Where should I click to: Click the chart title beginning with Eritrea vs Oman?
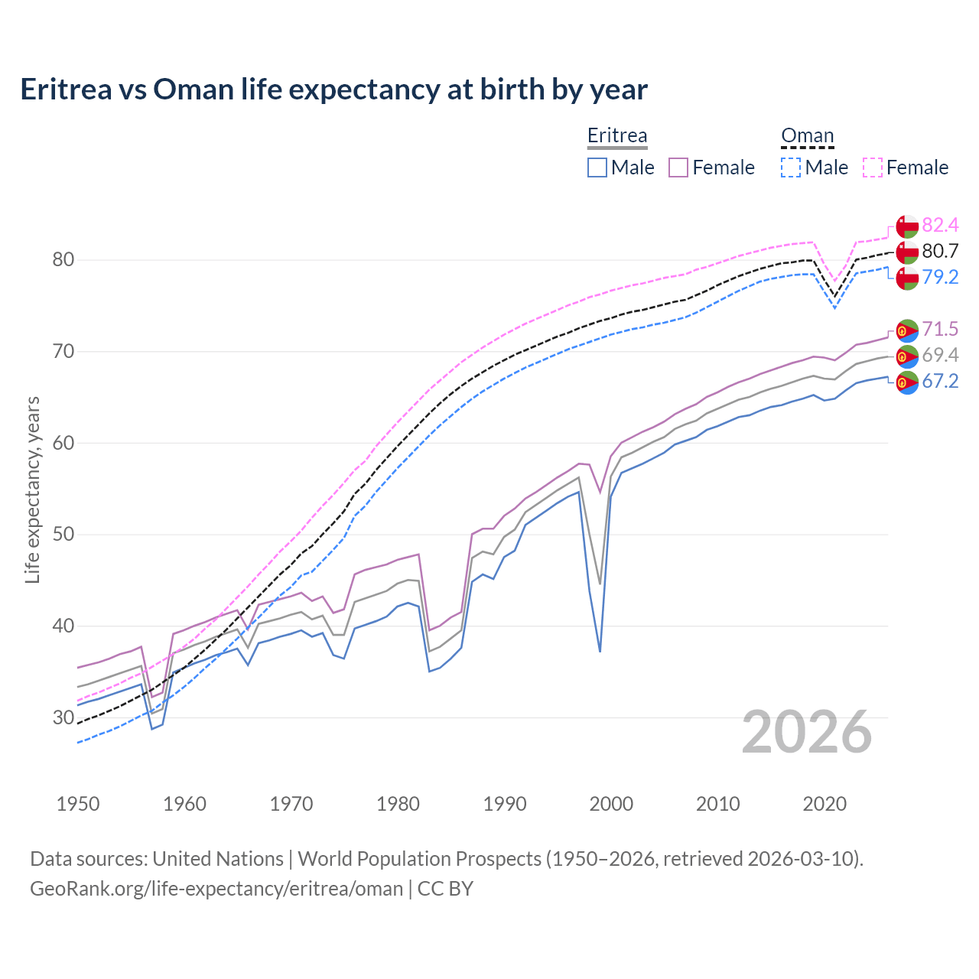click(333, 89)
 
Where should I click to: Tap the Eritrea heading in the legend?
click(617, 135)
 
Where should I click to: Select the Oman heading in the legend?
click(807, 135)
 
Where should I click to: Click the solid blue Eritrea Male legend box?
click(597, 168)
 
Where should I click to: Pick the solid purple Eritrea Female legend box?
click(678, 168)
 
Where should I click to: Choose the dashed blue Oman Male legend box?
click(791, 168)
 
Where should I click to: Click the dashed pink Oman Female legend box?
click(873, 168)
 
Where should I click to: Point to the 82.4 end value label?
click(940, 225)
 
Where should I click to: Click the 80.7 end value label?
click(940, 251)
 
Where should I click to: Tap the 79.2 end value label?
click(940, 277)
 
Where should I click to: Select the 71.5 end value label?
click(940, 329)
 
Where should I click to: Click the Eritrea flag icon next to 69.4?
click(907, 356)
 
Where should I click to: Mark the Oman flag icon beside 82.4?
click(907, 226)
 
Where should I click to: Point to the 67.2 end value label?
click(940, 381)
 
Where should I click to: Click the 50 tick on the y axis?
click(63, 535)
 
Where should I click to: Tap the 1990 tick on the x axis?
click(505, 804)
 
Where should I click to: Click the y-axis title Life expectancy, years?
click(32, 489)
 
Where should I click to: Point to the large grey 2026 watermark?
click(806, 732)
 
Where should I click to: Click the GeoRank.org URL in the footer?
click(216, 889)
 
